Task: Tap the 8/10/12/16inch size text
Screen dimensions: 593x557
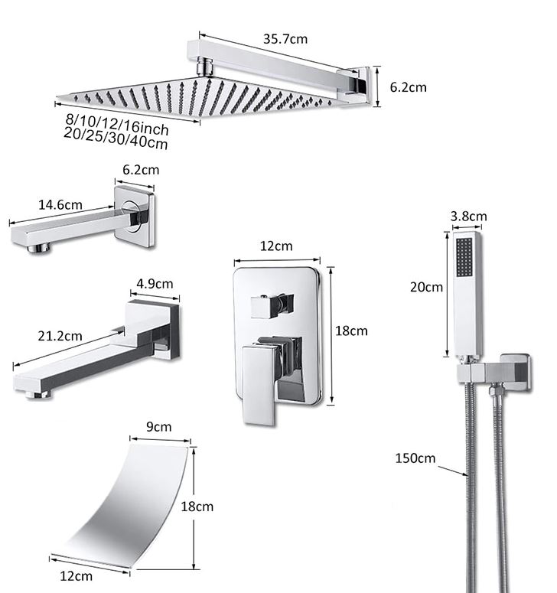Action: click(x=117, y=124)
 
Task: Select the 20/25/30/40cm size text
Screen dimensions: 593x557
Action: click(x=116, y=138)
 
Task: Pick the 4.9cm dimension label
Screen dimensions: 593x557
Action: click(x=155, y=283)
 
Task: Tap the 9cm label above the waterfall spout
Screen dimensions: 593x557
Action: click(x=158, y=427)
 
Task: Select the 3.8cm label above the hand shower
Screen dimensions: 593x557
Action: click(x=467, y=217)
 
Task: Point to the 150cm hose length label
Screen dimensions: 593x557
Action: click(x=415, y=459)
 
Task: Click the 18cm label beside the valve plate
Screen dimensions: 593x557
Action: click(x=352, y=331)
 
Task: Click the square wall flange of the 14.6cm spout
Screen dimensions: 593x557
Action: click(x=135, y=217)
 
